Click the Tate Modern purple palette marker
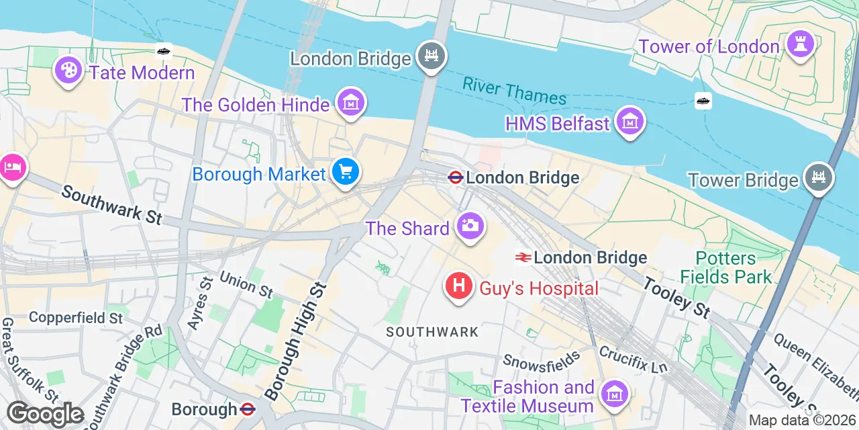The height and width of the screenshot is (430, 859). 68,71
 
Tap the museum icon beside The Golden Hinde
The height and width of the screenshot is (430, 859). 351,103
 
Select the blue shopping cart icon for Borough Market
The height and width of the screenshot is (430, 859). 346,173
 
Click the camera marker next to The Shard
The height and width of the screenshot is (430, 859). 470,226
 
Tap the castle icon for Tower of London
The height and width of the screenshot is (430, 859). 800,44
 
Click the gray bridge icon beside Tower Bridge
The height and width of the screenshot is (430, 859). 819,178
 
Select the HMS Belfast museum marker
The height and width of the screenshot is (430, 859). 630,122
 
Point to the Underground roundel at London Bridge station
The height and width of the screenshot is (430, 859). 456,177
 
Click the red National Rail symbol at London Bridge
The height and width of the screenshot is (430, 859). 523,257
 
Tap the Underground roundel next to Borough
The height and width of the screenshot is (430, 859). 247,408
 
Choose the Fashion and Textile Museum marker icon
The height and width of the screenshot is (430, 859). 614,394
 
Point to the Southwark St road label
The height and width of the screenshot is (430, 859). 111,204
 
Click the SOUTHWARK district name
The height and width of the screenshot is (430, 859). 432,332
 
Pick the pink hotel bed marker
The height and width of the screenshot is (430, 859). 11,167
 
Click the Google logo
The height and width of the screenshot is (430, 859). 46,415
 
